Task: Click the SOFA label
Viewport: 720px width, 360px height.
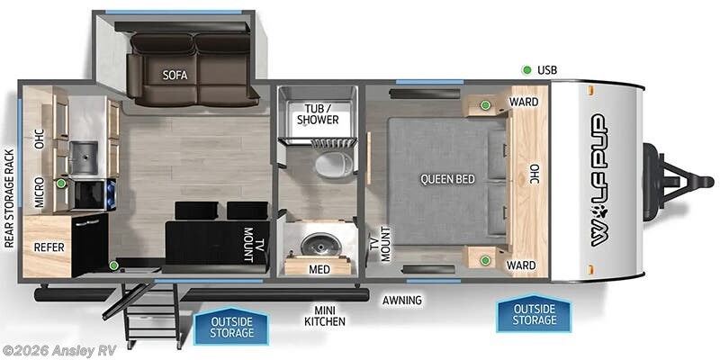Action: click(175, 75)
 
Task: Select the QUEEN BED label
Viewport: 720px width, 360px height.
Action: click(447, 179)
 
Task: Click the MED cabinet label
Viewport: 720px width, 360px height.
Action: click(318, 268)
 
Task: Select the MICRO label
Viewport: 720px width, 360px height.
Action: click(40, 191)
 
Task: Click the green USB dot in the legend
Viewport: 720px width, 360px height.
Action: click(526, 70)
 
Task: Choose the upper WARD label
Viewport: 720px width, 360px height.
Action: click(524, 102)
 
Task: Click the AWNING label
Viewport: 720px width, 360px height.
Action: click(401, 301)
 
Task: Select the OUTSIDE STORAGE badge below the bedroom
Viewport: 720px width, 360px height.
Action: click(533, 314)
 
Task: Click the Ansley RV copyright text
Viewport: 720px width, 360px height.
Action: click(59, 349)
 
